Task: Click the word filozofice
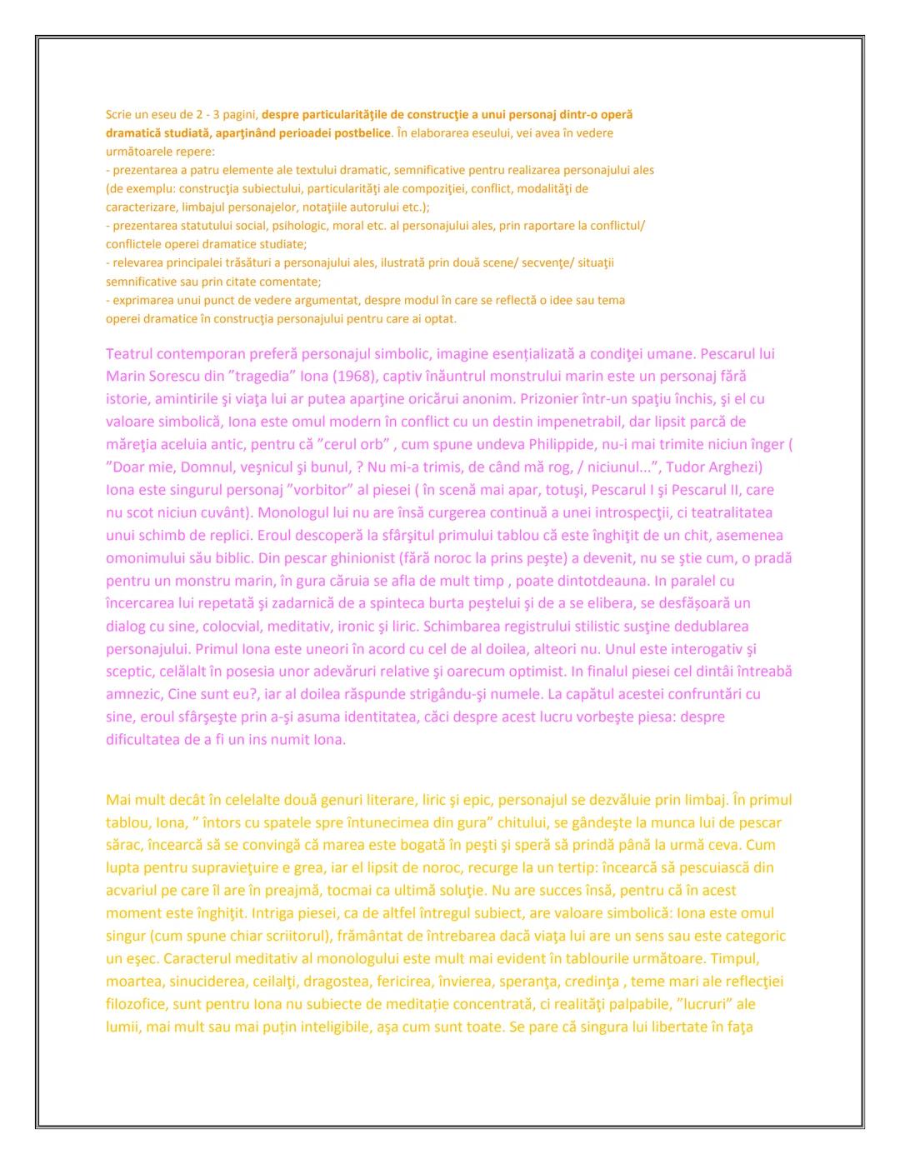[x=137, y=1004]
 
